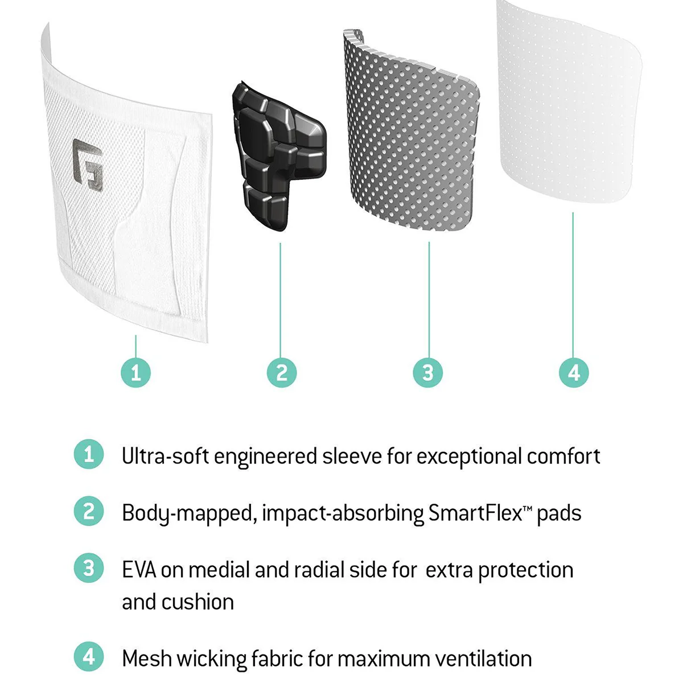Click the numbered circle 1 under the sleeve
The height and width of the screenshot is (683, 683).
pyautogui.click(x=135, y=373)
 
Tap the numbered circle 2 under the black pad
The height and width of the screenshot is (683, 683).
pyautogui.click(x=282, y=373)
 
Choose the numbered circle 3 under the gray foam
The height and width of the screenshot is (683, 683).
pyautogui.click(x=428, y=373)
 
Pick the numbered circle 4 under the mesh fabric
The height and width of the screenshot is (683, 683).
pyautogui.click(x=574, y=373)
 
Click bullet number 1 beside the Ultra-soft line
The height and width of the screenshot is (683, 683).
pyautogui.click(x=89, y=455)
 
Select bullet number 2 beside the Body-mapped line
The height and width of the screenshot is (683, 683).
pyautogui.click(x=89, y=511)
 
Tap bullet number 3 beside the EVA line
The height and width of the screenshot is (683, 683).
pyautogui.click(x=89, y=568)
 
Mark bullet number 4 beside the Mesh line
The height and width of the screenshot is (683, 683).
pyautogui.click(x=89, y=657)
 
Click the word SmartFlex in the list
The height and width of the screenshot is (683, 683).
pyautogui.click(x=475, y=513)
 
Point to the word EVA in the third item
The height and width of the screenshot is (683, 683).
pyautogui.click(x=139, y=570)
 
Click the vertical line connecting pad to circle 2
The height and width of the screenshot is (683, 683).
pyautogui.click(x=280, y=296)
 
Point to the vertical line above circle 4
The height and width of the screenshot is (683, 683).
pyautogui.click(x=573, y=285)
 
